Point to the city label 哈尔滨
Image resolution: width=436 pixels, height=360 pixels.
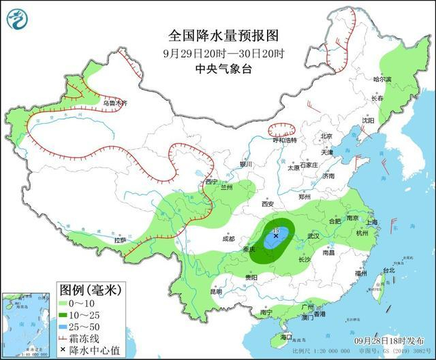pos(384,80)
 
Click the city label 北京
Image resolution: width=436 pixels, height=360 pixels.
pos(326,136)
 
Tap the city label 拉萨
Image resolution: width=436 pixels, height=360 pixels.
pos(120,240)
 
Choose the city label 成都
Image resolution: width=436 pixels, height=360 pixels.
pos(228,239)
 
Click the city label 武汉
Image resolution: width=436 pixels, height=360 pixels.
pos(313,235)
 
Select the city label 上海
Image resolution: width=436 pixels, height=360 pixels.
pos(371,222)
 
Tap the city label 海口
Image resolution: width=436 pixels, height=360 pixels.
pos(287,337)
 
